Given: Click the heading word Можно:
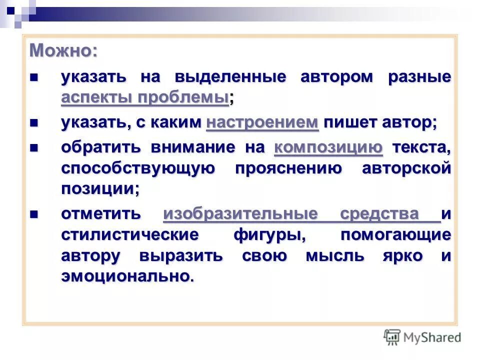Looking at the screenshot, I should click(63, 50).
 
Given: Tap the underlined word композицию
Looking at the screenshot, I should click(328, 148).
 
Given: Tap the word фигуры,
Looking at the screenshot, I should click(270, 234).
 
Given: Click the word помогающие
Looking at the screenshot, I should click(395, 234).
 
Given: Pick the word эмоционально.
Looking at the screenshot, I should click(127, 276).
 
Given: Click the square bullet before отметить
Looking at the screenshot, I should click(34, 214).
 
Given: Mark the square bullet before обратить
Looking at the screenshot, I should click(34, 148).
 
